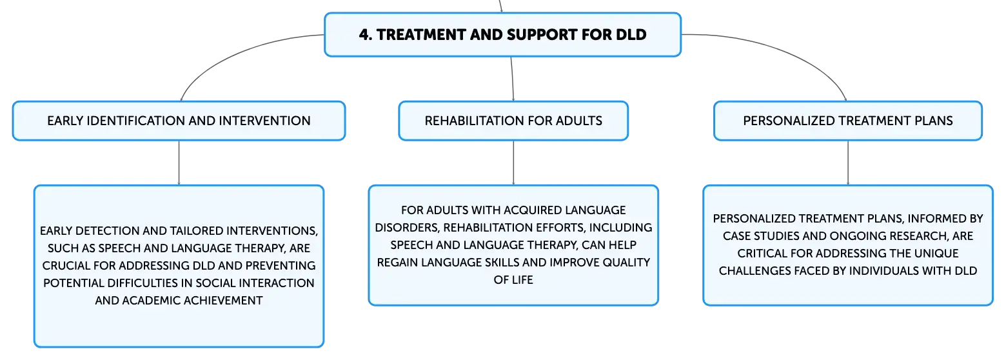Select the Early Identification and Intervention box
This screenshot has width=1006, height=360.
pos(179,121)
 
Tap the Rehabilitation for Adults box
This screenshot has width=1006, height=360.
pos(513,121)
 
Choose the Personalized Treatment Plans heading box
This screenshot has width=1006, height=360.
pos(848,121)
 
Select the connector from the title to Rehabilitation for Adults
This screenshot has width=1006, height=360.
pos(513,79)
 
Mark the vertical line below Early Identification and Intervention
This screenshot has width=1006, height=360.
pos(179,163)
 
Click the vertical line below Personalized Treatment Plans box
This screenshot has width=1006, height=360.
pos(848,163)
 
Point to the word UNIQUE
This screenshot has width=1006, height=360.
pos(938,254)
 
